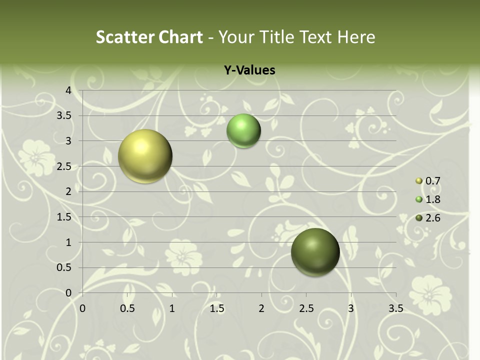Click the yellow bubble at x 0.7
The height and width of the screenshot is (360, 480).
point(145,156)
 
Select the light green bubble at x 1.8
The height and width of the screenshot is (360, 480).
point(243,130)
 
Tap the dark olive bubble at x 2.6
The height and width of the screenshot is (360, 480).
point(315,252)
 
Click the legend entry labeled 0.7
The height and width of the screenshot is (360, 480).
point(432,181)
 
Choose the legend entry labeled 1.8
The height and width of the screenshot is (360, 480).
point(432,199)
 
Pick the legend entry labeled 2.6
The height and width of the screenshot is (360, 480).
point(432,218)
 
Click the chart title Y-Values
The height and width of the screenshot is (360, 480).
point(249,70)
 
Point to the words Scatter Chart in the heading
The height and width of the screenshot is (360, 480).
point(149,37)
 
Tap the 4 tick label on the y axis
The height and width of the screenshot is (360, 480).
point(68,90)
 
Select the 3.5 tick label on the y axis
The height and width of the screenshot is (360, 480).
point(65,116)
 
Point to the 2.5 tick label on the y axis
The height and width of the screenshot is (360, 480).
point(65,166)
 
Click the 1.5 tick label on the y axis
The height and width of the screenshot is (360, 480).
point(65,217)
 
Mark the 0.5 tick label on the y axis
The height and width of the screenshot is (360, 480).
point(65,268)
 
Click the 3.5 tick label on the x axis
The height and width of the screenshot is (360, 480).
point(395,309)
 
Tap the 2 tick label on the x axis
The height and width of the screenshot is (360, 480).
point(261,309)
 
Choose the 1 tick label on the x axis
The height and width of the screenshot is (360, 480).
point(172,309)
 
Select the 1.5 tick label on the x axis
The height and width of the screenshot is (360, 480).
point(216,309)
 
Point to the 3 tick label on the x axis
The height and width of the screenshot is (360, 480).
point(351,309)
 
